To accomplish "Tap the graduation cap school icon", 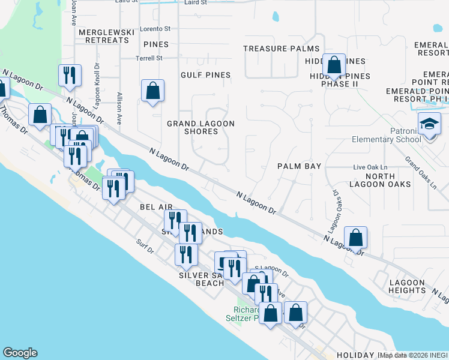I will coord(429,124).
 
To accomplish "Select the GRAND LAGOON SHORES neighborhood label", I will coord(200,127).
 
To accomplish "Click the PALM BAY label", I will coord(299,166).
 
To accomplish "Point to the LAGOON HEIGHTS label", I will coord(407,286).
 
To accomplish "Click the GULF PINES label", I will coord(206,75).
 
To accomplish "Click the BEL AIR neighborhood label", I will coord(156,206).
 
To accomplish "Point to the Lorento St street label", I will coord(155,28).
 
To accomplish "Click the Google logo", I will coord(20,353).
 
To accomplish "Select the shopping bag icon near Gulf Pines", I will coord(153,91).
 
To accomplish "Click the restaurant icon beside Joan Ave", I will coord(70,75).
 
